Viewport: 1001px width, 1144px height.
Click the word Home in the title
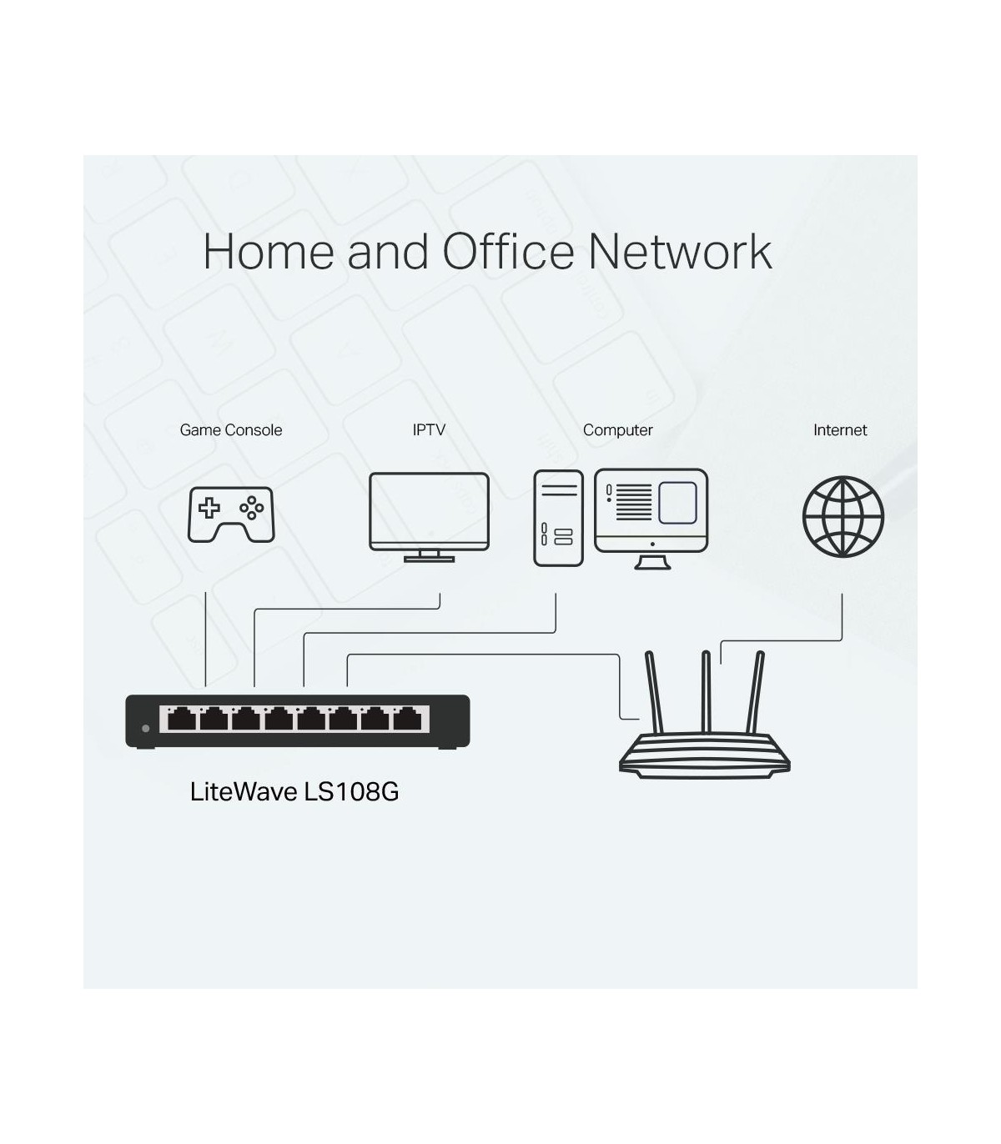(269, 252)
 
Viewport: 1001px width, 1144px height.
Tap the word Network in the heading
(680, 252)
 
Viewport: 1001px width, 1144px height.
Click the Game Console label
(231, 430)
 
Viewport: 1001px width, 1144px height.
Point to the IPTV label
(429, 430)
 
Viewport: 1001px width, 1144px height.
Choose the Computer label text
(617, 430)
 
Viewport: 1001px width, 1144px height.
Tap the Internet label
(840, 430)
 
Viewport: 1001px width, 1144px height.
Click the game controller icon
(231, 514)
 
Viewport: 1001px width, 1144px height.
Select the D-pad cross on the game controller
(209, 508)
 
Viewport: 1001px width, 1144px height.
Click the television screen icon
(429, 517)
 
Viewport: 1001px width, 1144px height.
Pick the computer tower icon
(558, 518)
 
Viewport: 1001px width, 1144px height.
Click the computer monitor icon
(651, 519)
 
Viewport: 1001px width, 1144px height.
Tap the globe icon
(843, 517)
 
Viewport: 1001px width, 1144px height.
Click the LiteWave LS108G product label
(294, 792)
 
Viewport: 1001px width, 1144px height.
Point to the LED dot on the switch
(146, 729)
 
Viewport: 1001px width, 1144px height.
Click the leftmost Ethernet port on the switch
(182, 719)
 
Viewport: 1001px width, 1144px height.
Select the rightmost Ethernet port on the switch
(408, 719)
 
